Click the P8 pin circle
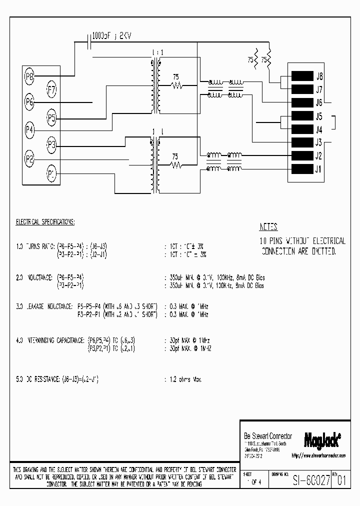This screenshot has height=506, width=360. (x=29, y=77)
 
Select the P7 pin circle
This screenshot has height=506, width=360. (x=51, y=90)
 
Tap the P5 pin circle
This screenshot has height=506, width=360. (x=51, y=118)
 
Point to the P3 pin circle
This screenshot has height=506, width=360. (x=51, y=145)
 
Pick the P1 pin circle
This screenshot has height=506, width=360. (x=51, y=174)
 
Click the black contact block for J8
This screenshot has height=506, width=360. (x=302, y=77)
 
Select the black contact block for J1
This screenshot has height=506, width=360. (x=302, y=168)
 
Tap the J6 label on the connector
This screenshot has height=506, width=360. (x=319, y=103)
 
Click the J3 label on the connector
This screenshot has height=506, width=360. (x=319, y=142)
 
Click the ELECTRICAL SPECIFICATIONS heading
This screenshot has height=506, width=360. (x=45, y=221)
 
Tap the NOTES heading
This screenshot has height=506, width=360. (x=268, y=226)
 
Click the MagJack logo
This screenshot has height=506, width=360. (x=322, y=439)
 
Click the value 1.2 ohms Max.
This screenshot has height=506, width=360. (x=183, y=380)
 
